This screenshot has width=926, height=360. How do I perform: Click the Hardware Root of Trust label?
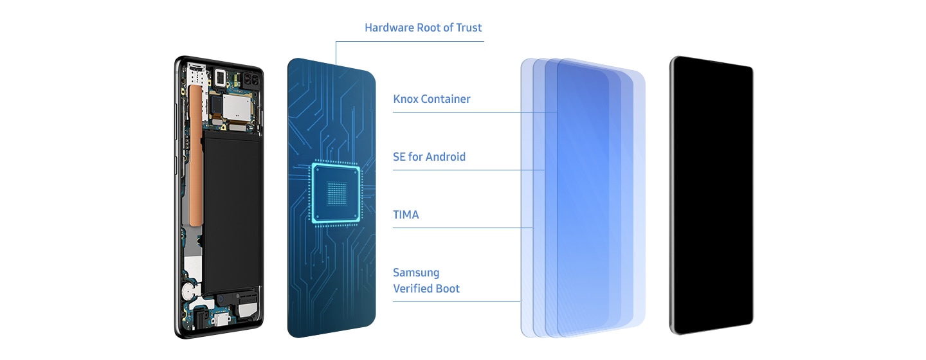pyautogui.click(x=423, y=28)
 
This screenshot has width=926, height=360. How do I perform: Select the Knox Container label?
pyautogui.click(x=431, y=99)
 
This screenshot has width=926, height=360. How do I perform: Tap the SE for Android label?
pyautogui.click(x=429, y=157)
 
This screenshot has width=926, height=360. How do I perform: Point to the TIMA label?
pyautogui.click(x=406, y=215)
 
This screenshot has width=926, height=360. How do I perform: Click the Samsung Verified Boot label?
pyautogui.click(x=426, y=281)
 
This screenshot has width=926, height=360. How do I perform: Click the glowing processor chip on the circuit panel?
pyautogui.click(x=336, y=193)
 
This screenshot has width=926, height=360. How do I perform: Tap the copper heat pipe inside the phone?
pyautogui.click(x=195, y=155)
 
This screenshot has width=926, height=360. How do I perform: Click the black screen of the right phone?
pyautogui.click(x=712, y=195)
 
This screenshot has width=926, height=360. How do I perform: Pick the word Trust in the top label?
pyautogui.click(x=469, y=28)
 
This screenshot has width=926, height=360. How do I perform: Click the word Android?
pyautogui.click(x=446, y=157)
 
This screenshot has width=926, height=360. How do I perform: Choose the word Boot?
pyautogui.click(x=448, y=289)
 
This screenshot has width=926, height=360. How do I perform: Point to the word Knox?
pyautogui.click(x=405, y=99)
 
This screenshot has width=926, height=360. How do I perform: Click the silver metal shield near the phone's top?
pyautogui.click(x=237, y=106)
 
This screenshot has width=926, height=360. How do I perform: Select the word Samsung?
pyautogui.click(x=416, y=273)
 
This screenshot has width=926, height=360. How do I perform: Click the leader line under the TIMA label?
pyautogui.click(x=462, y=228)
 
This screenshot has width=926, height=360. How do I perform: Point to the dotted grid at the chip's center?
pyautogui.click(x=336, y=193)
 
